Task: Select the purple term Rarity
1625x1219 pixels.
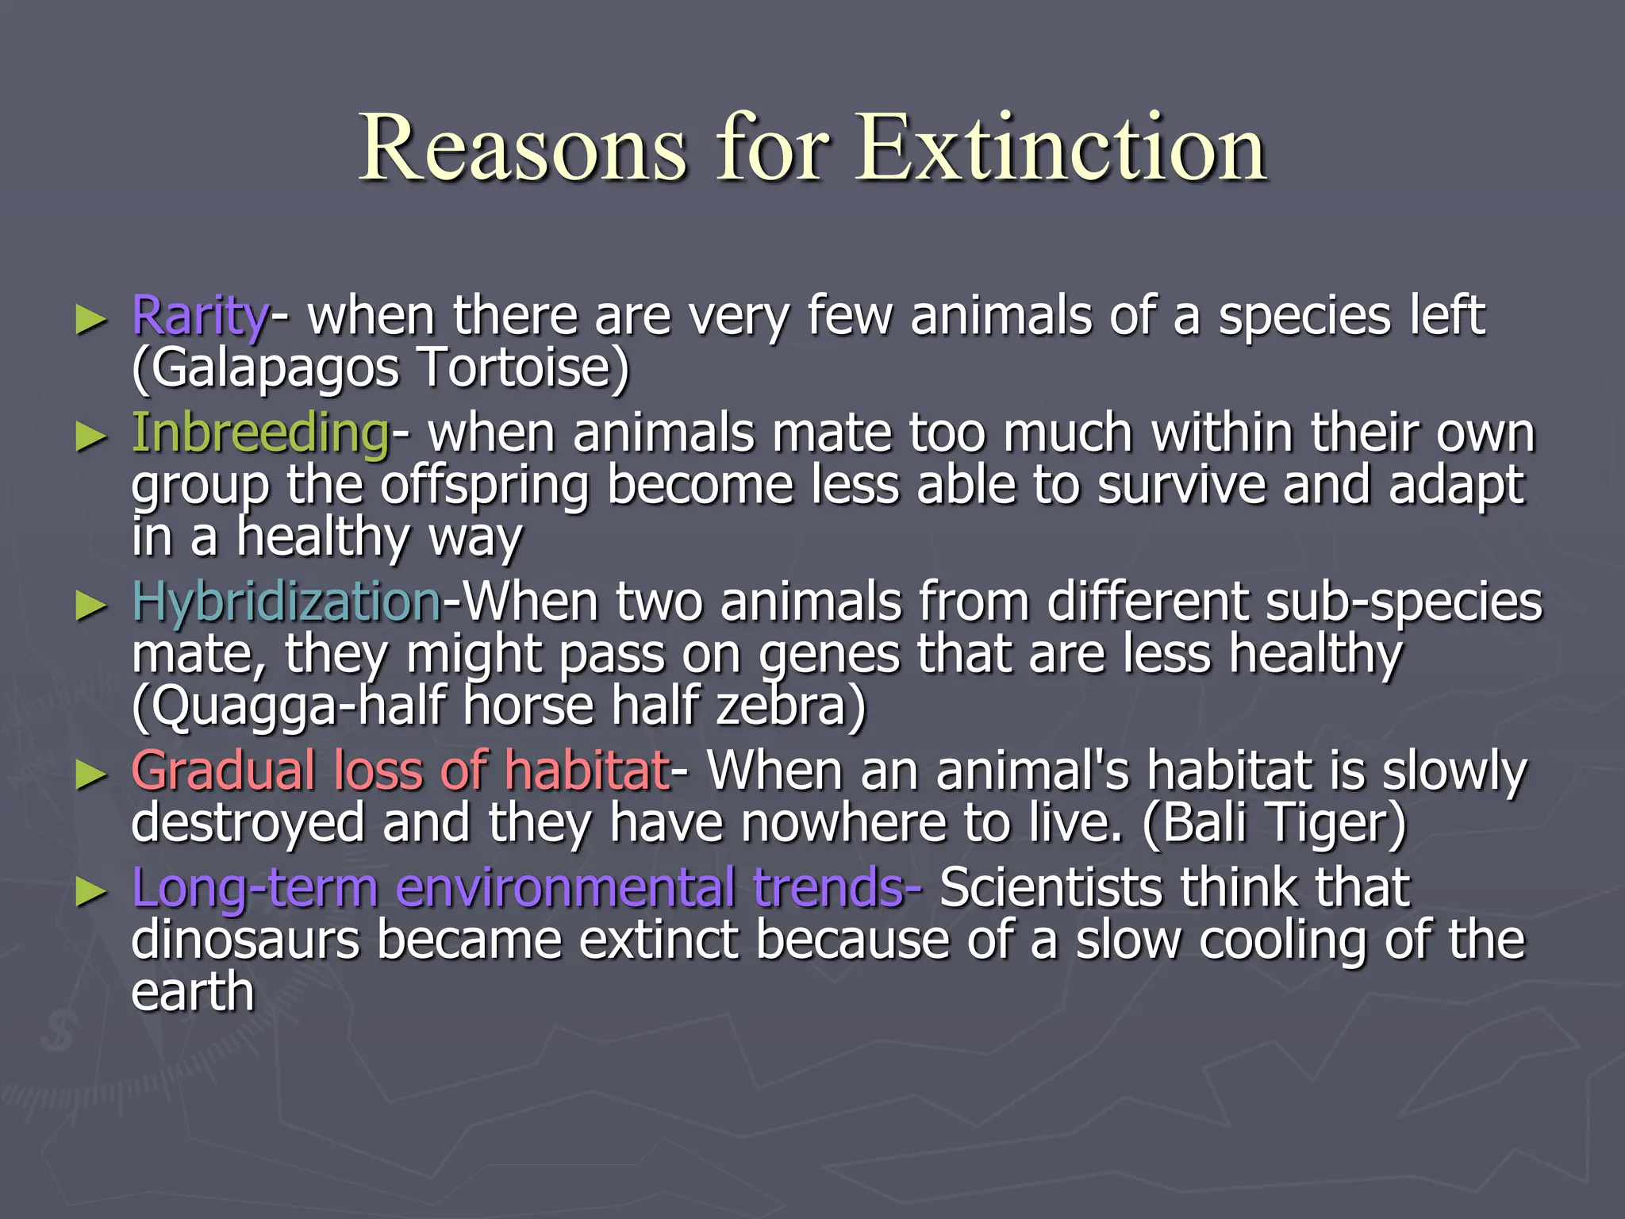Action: tap(200, 316)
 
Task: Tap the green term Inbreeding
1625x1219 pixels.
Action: tap(260, 433)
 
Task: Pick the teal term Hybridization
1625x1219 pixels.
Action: tap(286, 602)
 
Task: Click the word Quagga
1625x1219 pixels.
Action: tap(242, 706)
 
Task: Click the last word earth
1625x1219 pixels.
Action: tap(193, 992)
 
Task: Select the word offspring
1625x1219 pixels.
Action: tap(484, 486)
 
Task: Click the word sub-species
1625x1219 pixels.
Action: tap(1404, 602)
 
